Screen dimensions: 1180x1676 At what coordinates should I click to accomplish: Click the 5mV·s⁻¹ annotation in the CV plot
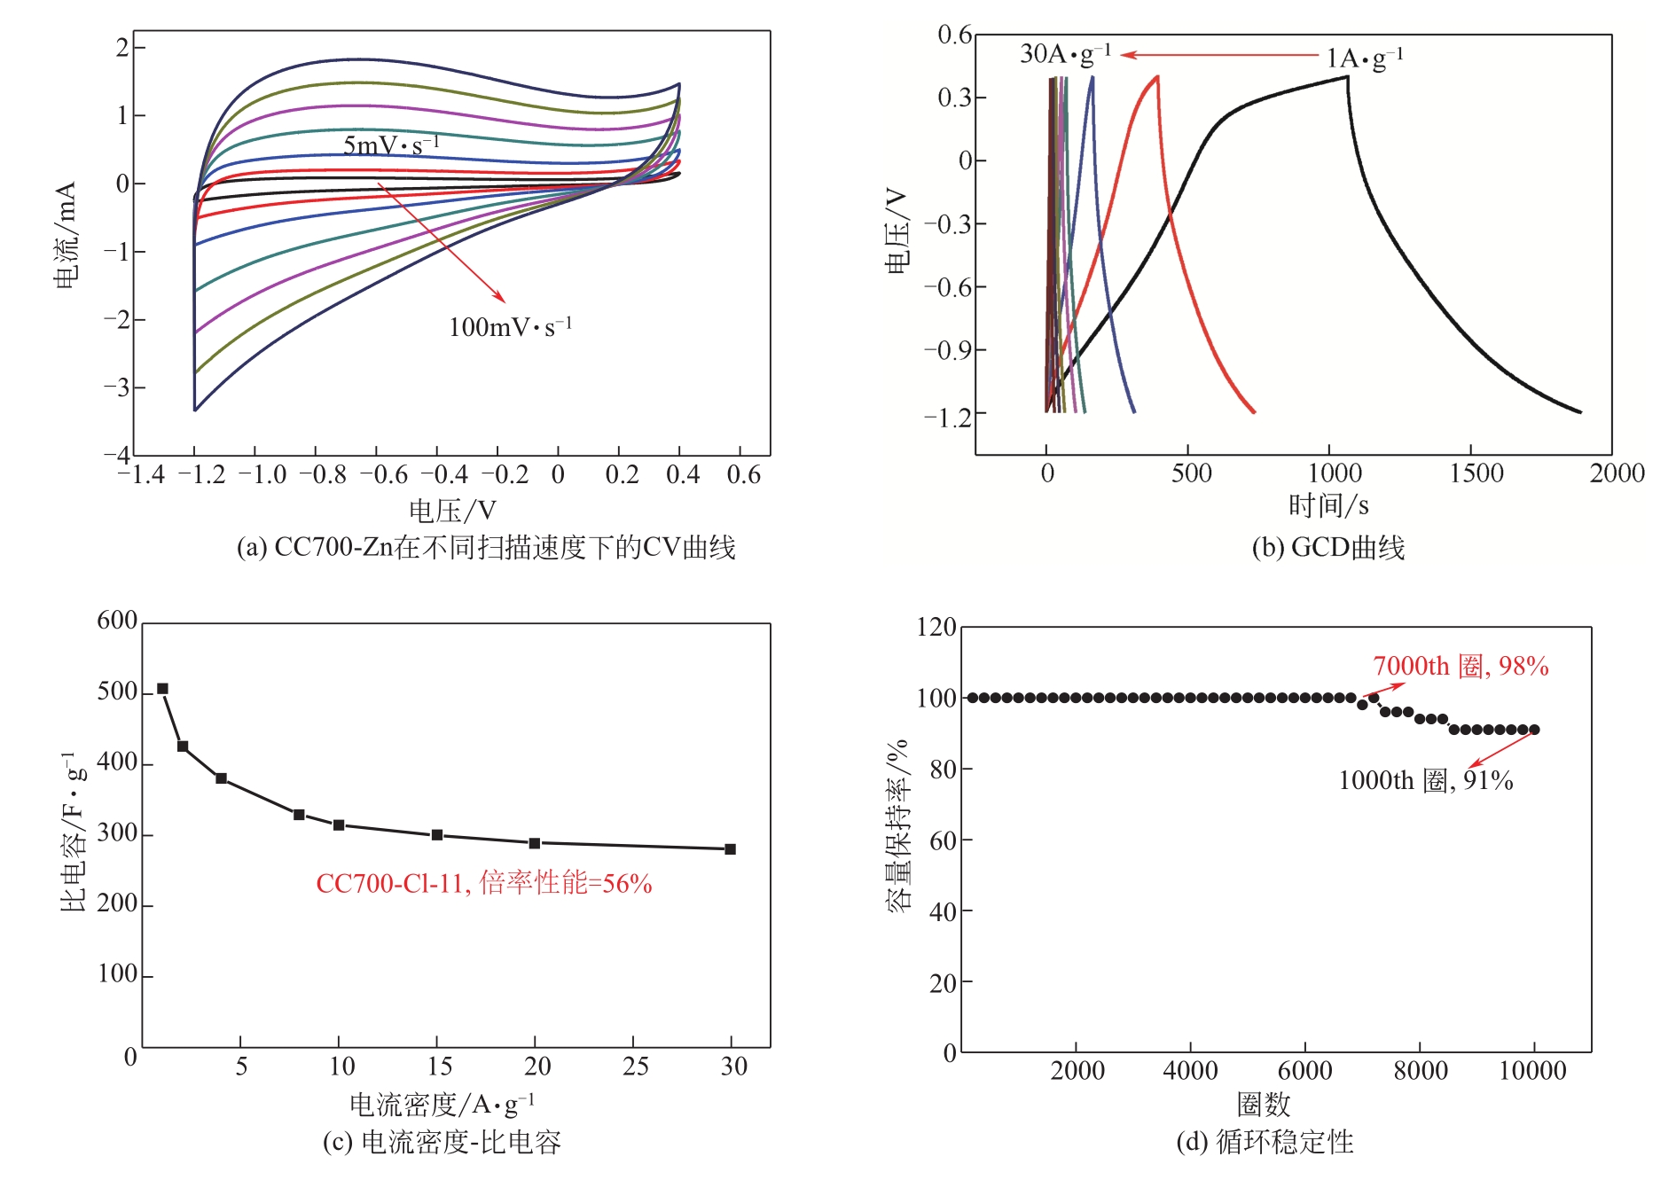(390, 145)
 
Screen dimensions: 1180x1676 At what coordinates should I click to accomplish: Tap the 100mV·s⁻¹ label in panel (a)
(510, 327)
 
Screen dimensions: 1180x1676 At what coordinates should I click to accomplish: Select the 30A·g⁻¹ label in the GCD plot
(1065, 54)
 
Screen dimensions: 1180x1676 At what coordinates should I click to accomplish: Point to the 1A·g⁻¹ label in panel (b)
(1364, 59)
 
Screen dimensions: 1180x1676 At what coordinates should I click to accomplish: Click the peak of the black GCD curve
(1347, 77)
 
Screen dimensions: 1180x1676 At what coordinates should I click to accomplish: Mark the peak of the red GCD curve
(1157, 77)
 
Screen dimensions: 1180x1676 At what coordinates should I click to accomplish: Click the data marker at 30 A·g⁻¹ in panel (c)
(731, 849)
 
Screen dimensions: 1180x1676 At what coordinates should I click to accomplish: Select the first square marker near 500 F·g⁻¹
(162, 689)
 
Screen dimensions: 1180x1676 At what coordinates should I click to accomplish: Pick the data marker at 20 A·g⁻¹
(535, 843)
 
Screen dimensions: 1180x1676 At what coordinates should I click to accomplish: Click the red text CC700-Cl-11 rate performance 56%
(484, 883)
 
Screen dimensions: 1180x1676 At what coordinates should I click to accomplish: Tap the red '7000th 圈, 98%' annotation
(1461, 666)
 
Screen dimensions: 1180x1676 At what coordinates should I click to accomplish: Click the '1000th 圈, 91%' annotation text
(1425, 780)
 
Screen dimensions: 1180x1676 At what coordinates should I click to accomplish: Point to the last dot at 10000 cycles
(1535, 730)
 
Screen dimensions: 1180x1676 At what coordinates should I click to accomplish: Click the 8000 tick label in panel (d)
(1420, 1071)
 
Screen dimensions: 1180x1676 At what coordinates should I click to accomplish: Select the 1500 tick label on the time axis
(1476, 473)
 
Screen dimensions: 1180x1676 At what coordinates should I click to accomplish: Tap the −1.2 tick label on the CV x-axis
(201, 475)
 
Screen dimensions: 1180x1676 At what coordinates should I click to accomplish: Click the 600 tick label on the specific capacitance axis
(117, 621)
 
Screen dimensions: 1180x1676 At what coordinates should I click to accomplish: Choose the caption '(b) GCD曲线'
(1327, 548)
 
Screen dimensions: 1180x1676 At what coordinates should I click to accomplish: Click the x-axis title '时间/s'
(1327, 506)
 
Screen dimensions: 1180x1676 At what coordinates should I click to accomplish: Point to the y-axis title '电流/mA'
(66, 235)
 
